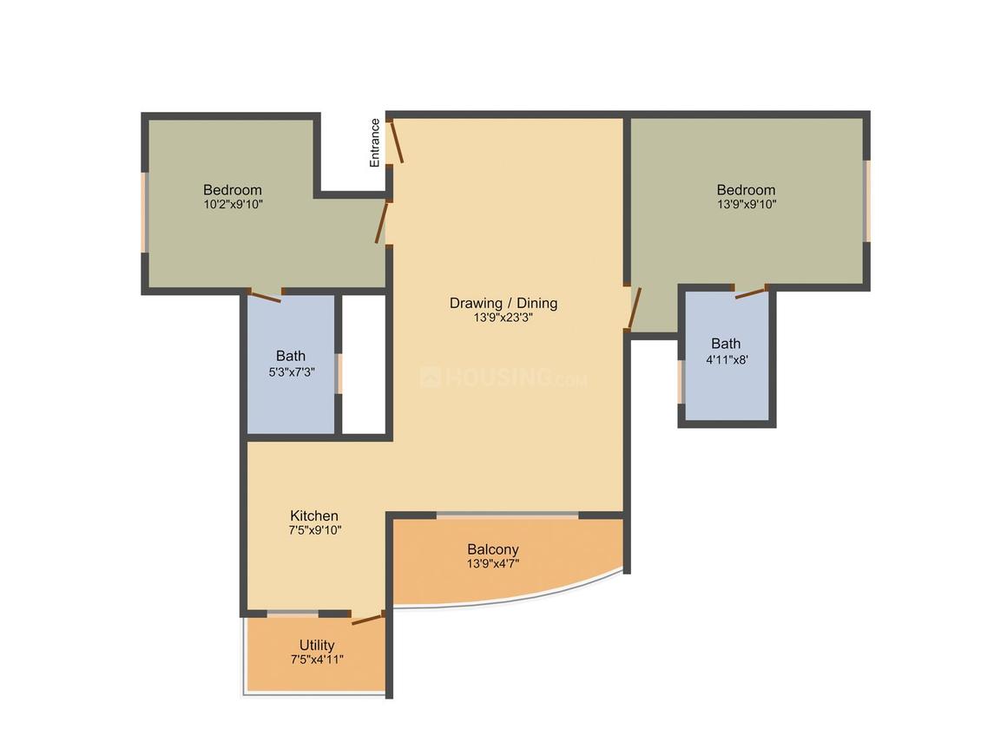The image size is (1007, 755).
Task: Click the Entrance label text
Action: (x=375, y=142)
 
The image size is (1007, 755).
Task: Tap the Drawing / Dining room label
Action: (x=503, y=303)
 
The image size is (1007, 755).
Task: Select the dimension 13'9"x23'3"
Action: (x=503, y=318)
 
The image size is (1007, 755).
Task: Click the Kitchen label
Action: (x=313, y=515)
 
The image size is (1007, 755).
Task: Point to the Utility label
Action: (x=317, y=645)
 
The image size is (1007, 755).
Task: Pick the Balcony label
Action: (x=492, y=548)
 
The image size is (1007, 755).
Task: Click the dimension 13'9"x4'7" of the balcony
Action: (x=492, y=564)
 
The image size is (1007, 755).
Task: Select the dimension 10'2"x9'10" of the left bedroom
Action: (x=232, y=205)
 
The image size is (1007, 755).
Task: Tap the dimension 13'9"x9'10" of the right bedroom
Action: (x=746, y=205)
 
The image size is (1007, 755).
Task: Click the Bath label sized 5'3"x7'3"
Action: (x=291, y=355)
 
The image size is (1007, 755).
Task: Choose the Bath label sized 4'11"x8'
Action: (x=726, y=343)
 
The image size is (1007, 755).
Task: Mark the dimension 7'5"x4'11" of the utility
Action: (x=317, y=660)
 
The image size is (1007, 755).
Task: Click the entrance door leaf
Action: (x=396, y=141)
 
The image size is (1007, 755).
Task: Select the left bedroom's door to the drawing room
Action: (x=382, y=222)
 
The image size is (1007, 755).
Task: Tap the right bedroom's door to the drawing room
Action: (x=634, y=307)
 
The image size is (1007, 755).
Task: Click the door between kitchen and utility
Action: (x=367, y=619)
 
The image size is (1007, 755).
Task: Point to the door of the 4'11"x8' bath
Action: (x=751, y=292)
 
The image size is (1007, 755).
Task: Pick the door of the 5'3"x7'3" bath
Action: (x=265, y=297)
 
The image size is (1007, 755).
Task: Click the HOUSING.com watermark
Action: (x=503, y=378)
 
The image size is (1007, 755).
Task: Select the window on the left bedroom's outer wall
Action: (x=145, y=213)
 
